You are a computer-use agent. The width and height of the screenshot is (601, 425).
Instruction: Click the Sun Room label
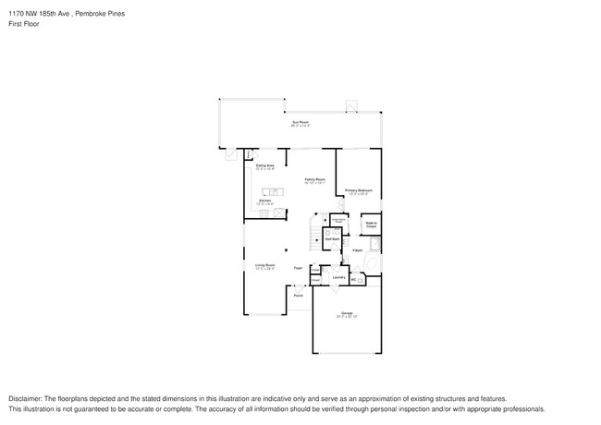coord(300,122)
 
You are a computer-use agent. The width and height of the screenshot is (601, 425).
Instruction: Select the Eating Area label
coord(264,166)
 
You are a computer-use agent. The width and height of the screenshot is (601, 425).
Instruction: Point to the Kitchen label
coord(264,200)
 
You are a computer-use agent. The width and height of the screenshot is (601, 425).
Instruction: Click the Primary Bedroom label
coord(358,191)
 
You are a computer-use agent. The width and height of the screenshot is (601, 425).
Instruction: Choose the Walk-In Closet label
coord(370,225)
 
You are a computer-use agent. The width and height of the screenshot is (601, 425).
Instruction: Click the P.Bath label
coord(357,250)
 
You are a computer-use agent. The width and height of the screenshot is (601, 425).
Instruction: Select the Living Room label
coord(265,265)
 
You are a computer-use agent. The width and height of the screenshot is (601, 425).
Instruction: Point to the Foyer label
coord(298,268)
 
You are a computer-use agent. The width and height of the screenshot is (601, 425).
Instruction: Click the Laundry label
coord(338,277)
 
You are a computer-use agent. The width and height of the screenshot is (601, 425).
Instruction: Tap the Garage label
coord(347,314)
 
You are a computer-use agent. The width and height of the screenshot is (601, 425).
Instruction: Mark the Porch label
coord(299,296)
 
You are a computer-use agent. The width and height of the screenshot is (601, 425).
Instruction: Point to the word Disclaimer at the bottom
coord(25,399)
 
